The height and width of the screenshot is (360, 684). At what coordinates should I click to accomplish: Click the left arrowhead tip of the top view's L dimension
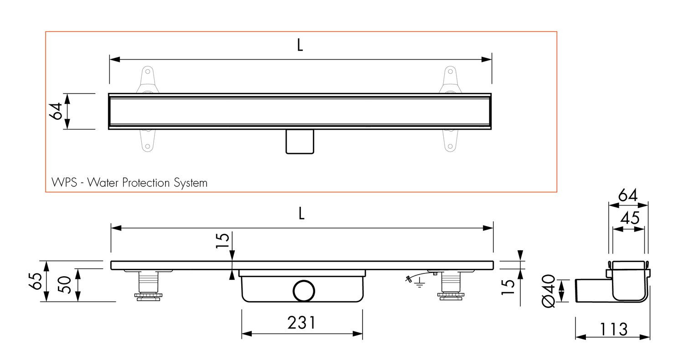tap(109, 59)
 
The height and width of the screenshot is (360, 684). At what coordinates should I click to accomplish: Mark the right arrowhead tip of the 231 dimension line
tap(363, 334)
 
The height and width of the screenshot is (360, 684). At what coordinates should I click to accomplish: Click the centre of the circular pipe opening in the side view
tap(304, 291)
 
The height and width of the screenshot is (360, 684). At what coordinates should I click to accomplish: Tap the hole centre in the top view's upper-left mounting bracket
tap(147, 72)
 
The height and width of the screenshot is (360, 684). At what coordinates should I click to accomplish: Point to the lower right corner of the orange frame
tap(557, 192)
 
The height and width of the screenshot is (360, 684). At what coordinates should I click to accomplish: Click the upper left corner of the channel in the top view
tap(109, 93)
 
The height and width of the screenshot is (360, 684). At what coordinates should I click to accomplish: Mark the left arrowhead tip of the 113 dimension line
tap(575, 337)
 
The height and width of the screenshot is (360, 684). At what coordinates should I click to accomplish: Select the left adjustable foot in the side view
tap(148, 286)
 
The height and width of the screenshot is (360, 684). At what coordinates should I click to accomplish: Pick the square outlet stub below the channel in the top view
tap(300, 142)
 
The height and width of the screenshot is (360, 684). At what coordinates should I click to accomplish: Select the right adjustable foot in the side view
tap(451, 285)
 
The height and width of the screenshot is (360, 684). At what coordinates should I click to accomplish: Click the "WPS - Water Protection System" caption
tap(130, 183)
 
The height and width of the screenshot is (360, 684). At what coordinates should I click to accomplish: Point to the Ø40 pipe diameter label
tap(548, 291)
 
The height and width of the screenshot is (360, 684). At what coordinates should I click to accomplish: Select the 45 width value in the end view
tap(630, 218)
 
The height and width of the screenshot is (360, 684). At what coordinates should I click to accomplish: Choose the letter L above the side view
tap(301, 213)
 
